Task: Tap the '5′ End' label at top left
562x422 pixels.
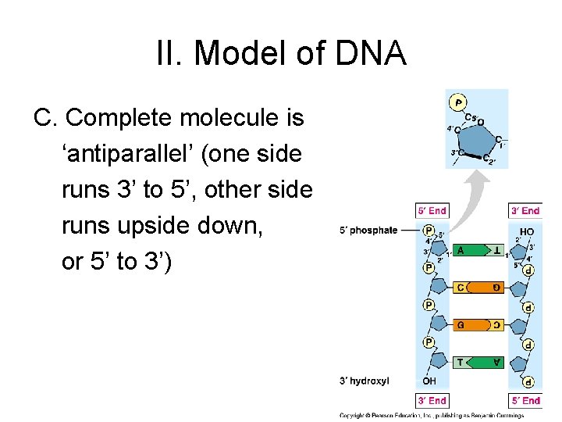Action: coord(432,210)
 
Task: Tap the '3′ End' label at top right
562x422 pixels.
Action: coord(525,210)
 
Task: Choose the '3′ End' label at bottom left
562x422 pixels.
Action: coord(432,400)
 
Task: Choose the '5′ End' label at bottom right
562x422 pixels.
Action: coord(525,400)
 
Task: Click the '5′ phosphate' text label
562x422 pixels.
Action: coord(368,231)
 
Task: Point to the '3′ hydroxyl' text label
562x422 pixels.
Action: coord(364,381)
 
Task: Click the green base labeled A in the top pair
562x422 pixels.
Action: coord(463,250)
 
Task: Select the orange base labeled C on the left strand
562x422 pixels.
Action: coord(462,288)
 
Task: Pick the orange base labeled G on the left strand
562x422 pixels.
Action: coord(462,324)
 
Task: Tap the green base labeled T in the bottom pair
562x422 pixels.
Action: coord(462,361)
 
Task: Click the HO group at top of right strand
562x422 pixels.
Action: coord(526,231)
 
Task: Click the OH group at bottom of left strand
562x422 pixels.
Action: coord(429,381)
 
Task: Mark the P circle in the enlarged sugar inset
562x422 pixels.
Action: coord(458,102)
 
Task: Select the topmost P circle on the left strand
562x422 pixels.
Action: coord(429,231)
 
